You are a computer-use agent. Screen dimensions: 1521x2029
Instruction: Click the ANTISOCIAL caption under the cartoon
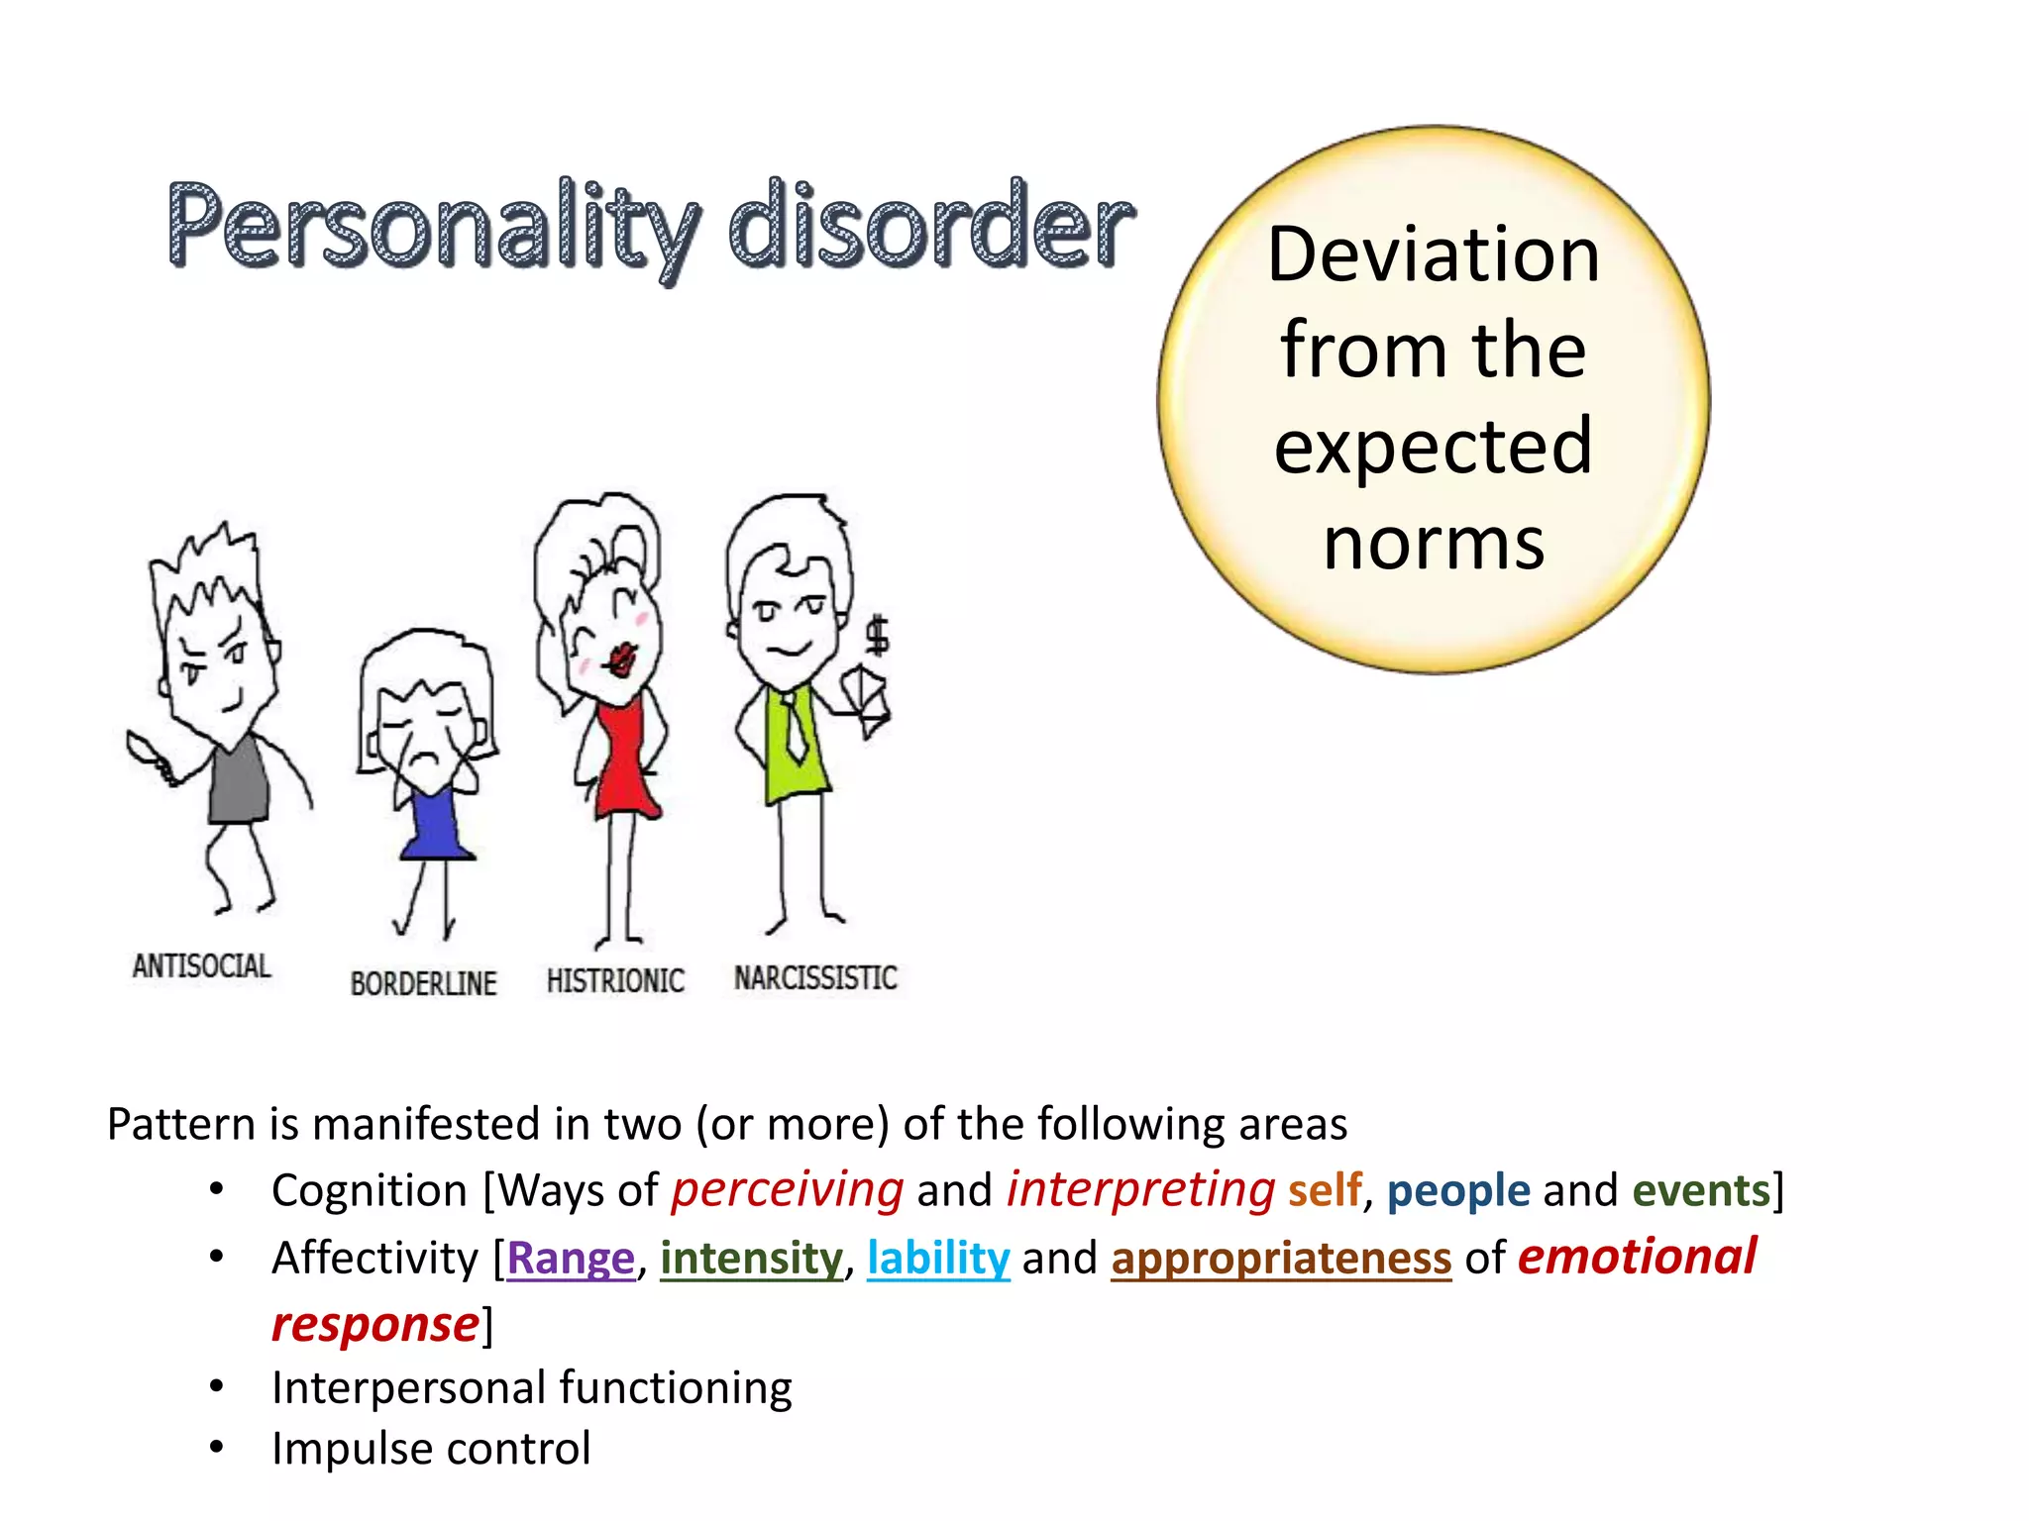(x=202, y=965)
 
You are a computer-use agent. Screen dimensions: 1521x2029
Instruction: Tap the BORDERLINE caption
(x=423, y=983)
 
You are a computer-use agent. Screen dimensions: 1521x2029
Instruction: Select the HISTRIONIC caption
(x=615, y=980)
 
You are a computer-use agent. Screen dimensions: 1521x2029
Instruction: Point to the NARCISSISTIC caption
(x=815, y=977)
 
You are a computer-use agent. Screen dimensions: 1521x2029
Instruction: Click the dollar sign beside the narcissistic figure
(x=878, y=635)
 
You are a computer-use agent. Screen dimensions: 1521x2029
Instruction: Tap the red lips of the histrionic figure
(x=622, y=659)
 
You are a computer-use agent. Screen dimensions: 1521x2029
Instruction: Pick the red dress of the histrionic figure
(x=624, y=762)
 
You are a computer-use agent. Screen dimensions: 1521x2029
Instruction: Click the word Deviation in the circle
(x=1433, y=254)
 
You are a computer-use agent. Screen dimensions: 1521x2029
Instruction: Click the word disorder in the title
(x=931, y=228)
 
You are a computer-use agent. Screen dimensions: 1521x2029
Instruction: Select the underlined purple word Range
(x=571, y=1258)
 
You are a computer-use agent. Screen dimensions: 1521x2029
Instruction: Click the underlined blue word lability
(x=938, y=1258)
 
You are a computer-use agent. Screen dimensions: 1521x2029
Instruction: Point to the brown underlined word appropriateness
(x=1281, y=1258)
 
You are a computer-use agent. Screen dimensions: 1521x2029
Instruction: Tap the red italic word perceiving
(x=788, y=1190)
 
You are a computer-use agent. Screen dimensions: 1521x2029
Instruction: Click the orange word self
(x=1325, y=1190)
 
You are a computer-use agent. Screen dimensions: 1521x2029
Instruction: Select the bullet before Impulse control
(x=217, y=1447)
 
